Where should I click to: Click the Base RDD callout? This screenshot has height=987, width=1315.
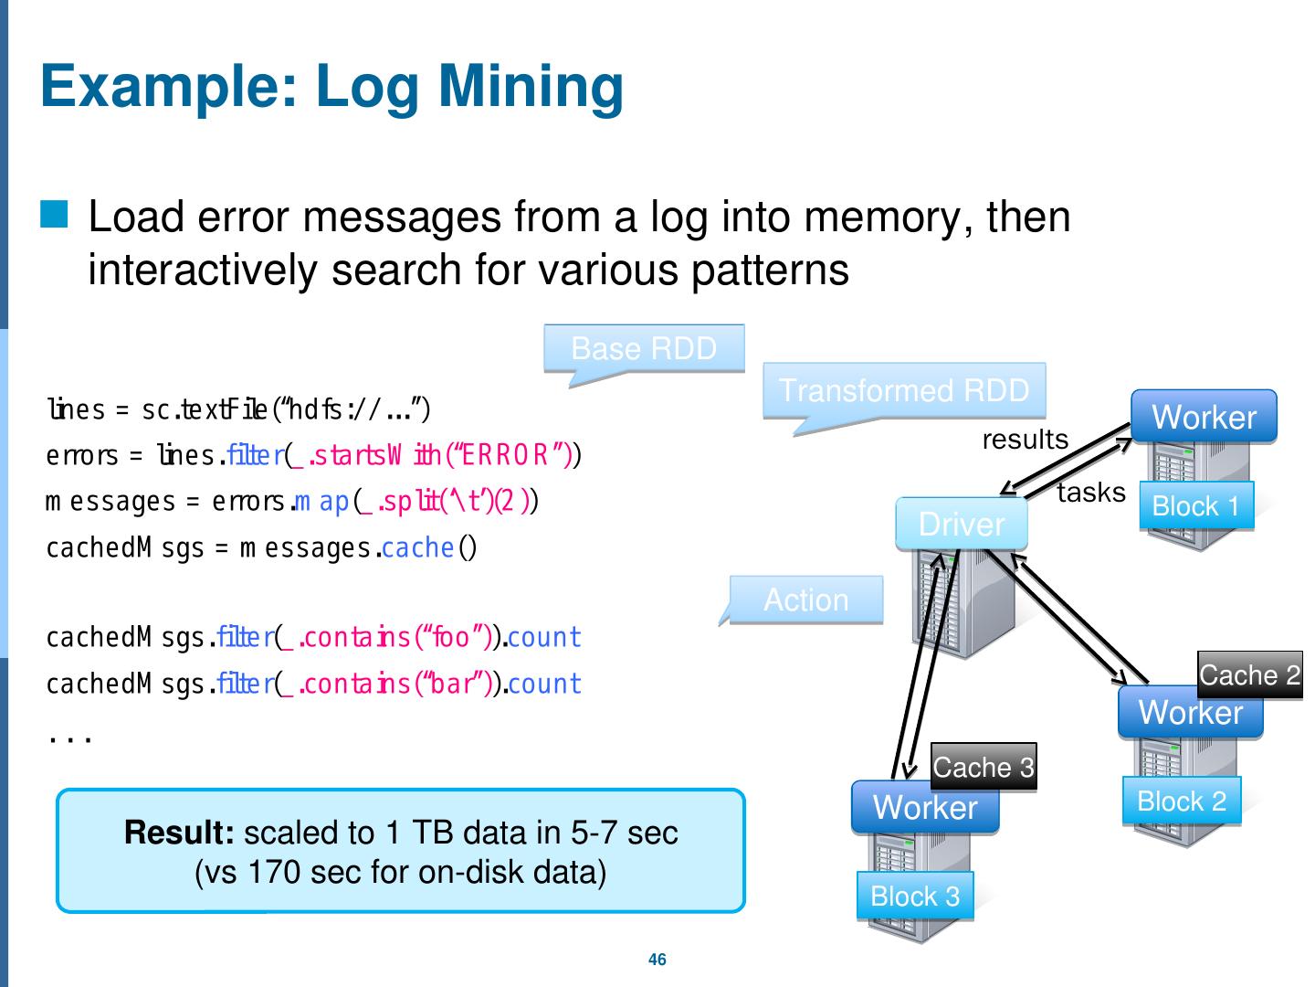(x=644, y=348)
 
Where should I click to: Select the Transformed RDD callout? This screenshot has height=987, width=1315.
(x=904, y=390)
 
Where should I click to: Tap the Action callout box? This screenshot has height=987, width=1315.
(x=806, y=600)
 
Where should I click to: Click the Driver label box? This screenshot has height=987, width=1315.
(x=962, y=524)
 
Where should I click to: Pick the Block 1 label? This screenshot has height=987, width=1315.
(x=1196, y=505)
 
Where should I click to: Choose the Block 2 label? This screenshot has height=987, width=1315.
(x=1182, y=801)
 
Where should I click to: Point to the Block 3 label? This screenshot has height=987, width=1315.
(x=915, y=896)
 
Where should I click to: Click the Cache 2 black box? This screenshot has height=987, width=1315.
(x=1249, y=675)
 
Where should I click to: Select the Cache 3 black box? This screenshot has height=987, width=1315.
(x=984, y=767)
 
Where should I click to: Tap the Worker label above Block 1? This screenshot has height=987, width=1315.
(x=1204, y=417)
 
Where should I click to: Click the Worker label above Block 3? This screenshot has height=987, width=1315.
(x=925, y=807)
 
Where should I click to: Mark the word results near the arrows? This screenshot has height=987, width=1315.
(x=1025, y=440)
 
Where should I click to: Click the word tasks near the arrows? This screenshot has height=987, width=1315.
(x=1091, y=493)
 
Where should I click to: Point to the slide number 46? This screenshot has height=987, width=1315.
(x=657, y=960)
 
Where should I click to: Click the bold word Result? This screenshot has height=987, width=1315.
(x=180, y=833)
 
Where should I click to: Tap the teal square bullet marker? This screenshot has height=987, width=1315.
(x=54, y=215)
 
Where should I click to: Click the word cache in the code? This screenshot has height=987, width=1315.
(x=417, y=547)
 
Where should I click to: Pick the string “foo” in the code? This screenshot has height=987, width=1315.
(x=450, y=637)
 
